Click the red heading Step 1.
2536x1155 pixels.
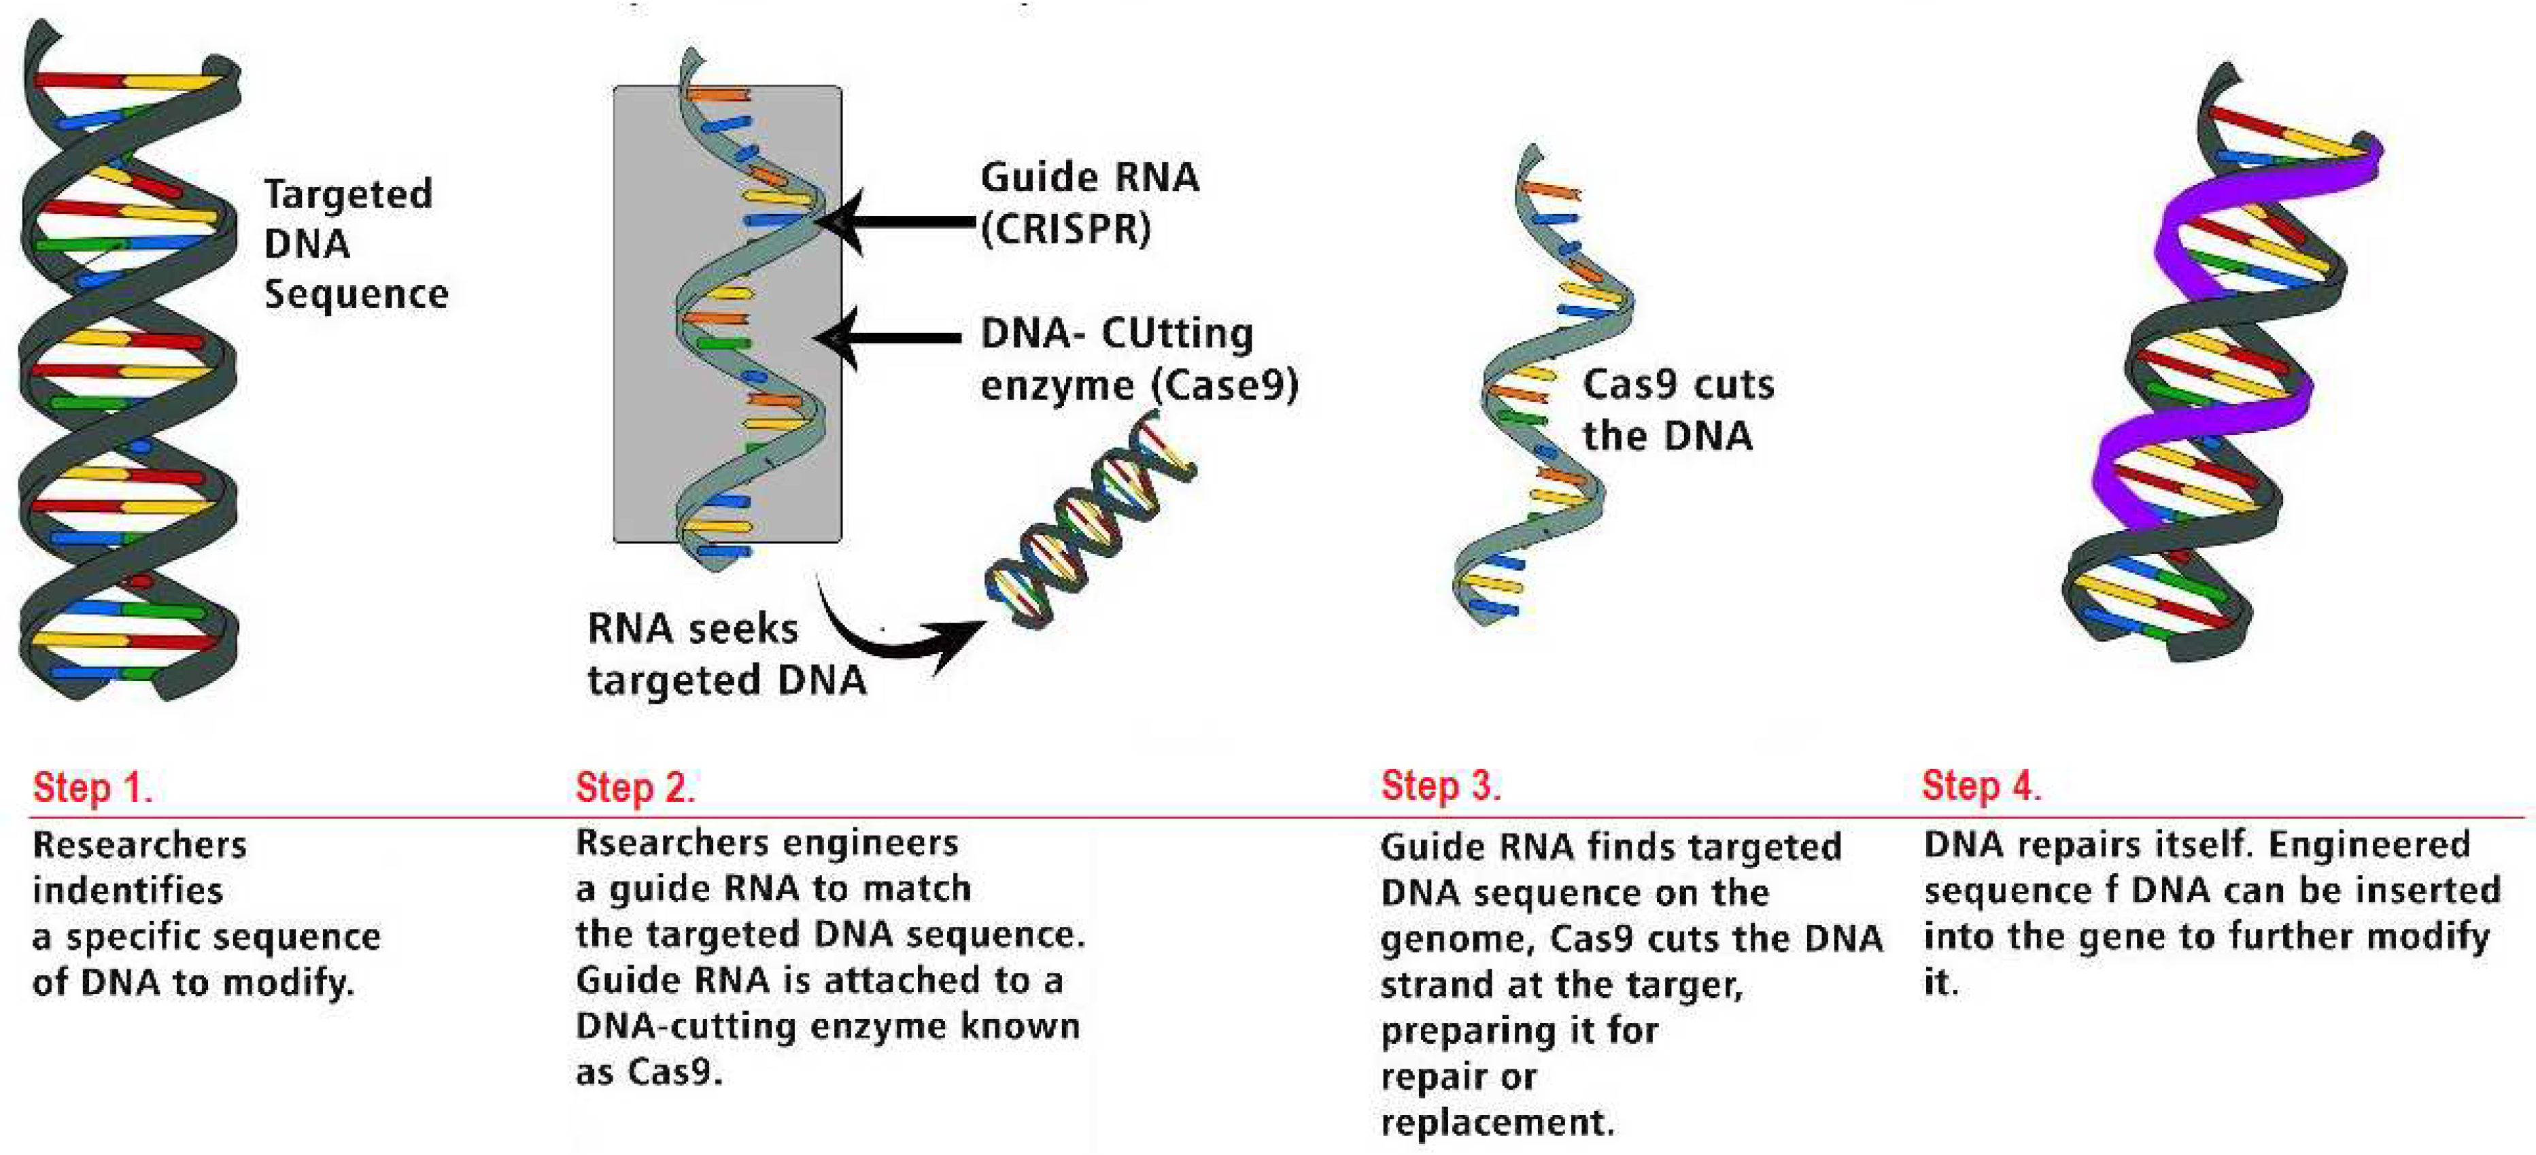pos(92,788)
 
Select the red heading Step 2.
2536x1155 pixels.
pos(635,788)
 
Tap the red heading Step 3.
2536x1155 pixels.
pos(1440,786)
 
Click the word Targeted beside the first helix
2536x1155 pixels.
pos(347,194)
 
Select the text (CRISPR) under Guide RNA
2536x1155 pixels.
pos(1065,229)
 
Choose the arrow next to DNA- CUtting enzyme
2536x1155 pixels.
pos(891,338)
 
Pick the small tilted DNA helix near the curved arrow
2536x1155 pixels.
pos(1088,522)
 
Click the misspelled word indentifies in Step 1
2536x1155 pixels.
pos(127,891)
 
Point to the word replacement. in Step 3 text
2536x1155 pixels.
pos(1496,1122)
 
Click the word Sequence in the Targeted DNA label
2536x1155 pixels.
pos(356,294)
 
